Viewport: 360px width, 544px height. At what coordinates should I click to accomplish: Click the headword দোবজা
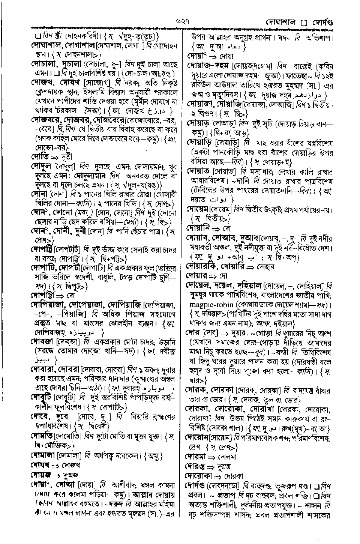point(42,342)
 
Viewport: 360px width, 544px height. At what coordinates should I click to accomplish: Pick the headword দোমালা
point(43,455)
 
